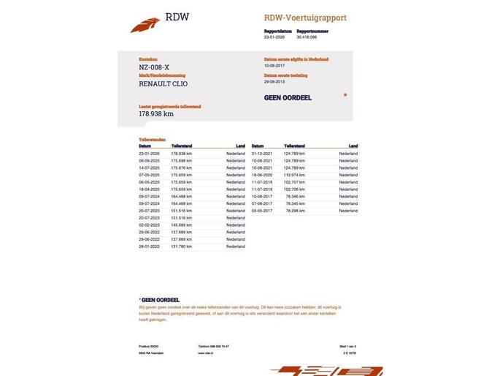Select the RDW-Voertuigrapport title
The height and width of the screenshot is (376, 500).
point(305,18)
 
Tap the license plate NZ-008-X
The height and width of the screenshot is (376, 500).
point(155,67)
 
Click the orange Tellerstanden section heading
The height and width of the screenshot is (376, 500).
point(152,139)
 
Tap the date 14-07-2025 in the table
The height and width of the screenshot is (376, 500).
point(149,168)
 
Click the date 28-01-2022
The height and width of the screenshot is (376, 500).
point(149,247)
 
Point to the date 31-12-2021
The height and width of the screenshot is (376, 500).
point(261,154)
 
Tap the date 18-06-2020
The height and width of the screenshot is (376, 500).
point(261,175)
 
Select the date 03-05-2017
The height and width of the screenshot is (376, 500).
point(261,211)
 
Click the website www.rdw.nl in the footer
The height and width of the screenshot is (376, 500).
point(205,353)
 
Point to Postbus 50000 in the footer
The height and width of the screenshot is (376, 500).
point(149,346)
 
